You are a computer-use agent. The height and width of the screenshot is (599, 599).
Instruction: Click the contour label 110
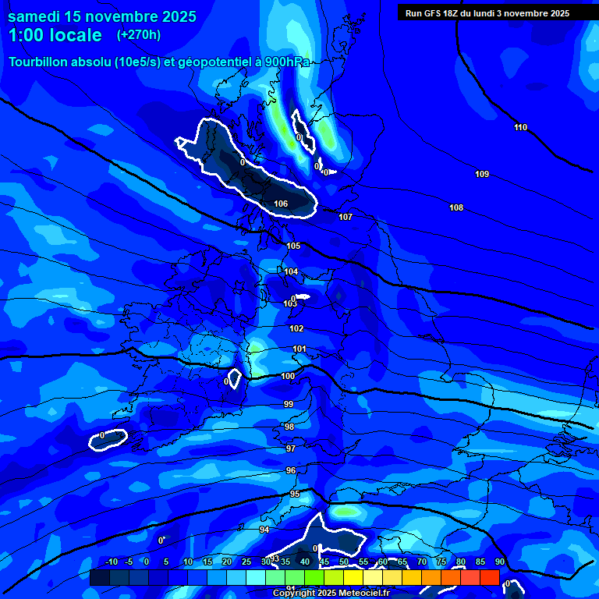(x=520, y=127)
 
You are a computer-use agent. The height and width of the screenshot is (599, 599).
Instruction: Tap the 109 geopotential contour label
(x=482, y=174)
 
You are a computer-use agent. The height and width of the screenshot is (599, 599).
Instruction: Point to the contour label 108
(x=456, y=207)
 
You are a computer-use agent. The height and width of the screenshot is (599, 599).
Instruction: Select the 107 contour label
(x=346, y=217)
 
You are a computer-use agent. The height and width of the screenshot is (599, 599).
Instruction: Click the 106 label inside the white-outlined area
(x=281, y=204)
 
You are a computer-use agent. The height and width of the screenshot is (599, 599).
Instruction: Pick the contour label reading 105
(x=292, y=246)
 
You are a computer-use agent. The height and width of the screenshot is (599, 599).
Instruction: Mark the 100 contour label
(x=288, y=376)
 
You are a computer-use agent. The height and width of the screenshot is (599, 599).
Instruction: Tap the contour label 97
(x=290, y=448)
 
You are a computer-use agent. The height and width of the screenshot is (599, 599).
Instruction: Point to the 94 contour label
(x=264, y=530)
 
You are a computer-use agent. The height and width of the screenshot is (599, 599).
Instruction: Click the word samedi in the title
(x=35, y=16)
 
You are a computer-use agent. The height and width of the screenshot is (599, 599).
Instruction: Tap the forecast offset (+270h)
(x=139, y=35)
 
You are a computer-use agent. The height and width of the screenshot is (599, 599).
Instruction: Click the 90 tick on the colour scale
(x=499, y=562)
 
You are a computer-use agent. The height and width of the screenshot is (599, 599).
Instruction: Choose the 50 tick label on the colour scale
(x=343, y=562)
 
